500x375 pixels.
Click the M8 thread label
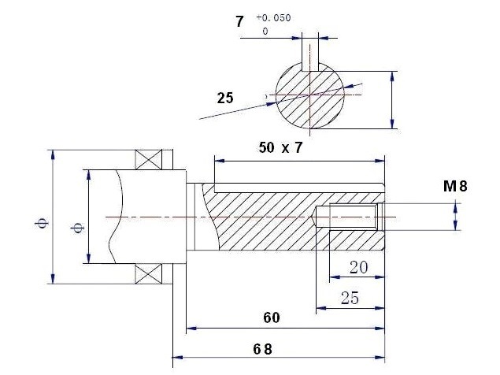point(455,186)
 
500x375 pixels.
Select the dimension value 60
point(272,317)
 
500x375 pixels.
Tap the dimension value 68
point(263,349)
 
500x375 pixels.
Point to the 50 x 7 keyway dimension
point(280,148)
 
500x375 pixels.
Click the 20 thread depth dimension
point(358,267)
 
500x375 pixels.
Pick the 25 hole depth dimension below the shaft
point(350,298)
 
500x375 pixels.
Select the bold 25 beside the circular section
point(225,98)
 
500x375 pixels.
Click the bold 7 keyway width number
point(239,22)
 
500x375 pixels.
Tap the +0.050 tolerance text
point(273,18)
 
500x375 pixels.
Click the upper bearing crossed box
point(149,159)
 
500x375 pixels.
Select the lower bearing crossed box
point(148,274)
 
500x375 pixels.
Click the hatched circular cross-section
point(310,95)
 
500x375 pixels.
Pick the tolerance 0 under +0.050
point(265,32)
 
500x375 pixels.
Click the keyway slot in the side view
point(299,188)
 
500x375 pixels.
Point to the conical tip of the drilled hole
point(313,217)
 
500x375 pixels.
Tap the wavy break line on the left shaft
point(116,217)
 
